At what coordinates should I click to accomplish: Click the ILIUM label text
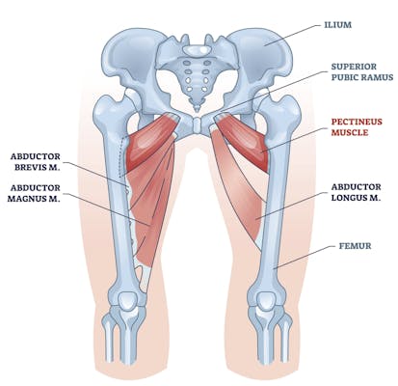click(x=337, y=25)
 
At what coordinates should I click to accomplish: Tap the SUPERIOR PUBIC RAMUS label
click(x=362, y=72)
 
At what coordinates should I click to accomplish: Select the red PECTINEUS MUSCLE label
click(x=357, y=127)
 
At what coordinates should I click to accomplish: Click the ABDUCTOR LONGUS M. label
click(x=357, y=192)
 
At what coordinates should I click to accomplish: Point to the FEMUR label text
click(x=356, y=246)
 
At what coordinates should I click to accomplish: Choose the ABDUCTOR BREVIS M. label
click(x=36, y=162)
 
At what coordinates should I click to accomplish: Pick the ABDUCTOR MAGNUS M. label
click(x=34, y=193)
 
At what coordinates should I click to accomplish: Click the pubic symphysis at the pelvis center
click(x=198, y=124)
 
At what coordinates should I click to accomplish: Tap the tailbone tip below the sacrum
click(x=197, y=108)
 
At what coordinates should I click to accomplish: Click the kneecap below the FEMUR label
click(x=266, y=302)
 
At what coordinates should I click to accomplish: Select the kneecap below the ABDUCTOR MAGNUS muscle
click(x=129, y=302)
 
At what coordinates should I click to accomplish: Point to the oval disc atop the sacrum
click(x=198, y=49)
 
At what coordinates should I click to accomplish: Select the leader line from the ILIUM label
click(x=293, y=35)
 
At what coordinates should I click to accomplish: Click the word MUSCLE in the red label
click(x=350, y=132)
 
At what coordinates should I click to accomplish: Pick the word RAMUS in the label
click(x=378, y=77)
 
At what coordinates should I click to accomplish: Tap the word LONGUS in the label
click(x=347, y=198)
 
